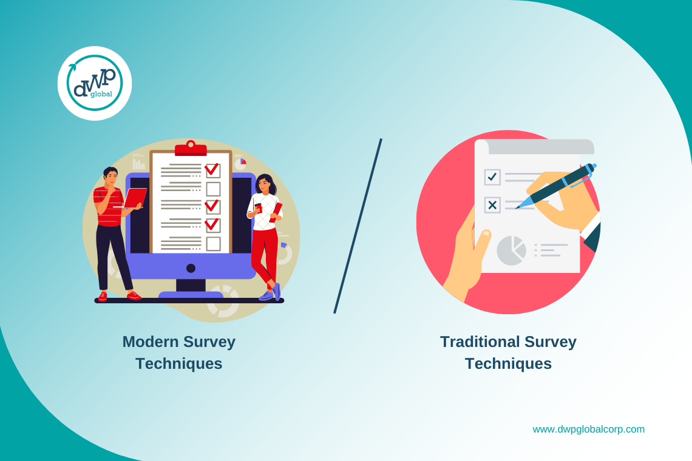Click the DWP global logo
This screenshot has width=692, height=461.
pos(95,83)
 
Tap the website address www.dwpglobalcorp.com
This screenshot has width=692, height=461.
pos(588,429)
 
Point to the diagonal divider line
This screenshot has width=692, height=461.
pos(358,226)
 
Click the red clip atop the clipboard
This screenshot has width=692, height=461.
pos(191,149)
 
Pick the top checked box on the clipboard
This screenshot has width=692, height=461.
pos(212,170)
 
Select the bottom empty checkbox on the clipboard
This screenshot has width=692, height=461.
pos(213,244)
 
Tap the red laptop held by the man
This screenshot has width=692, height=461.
pos(135,198)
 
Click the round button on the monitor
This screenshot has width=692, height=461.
pos(191,268)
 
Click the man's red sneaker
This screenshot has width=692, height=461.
pos(134,295)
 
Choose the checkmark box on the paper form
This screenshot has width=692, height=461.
pos(492,177)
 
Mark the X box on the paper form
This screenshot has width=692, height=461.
pos(492,205)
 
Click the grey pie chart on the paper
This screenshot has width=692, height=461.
pos(511,251)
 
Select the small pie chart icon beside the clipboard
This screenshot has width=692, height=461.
pos(240,164)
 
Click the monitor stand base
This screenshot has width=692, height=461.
pos(191,295)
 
